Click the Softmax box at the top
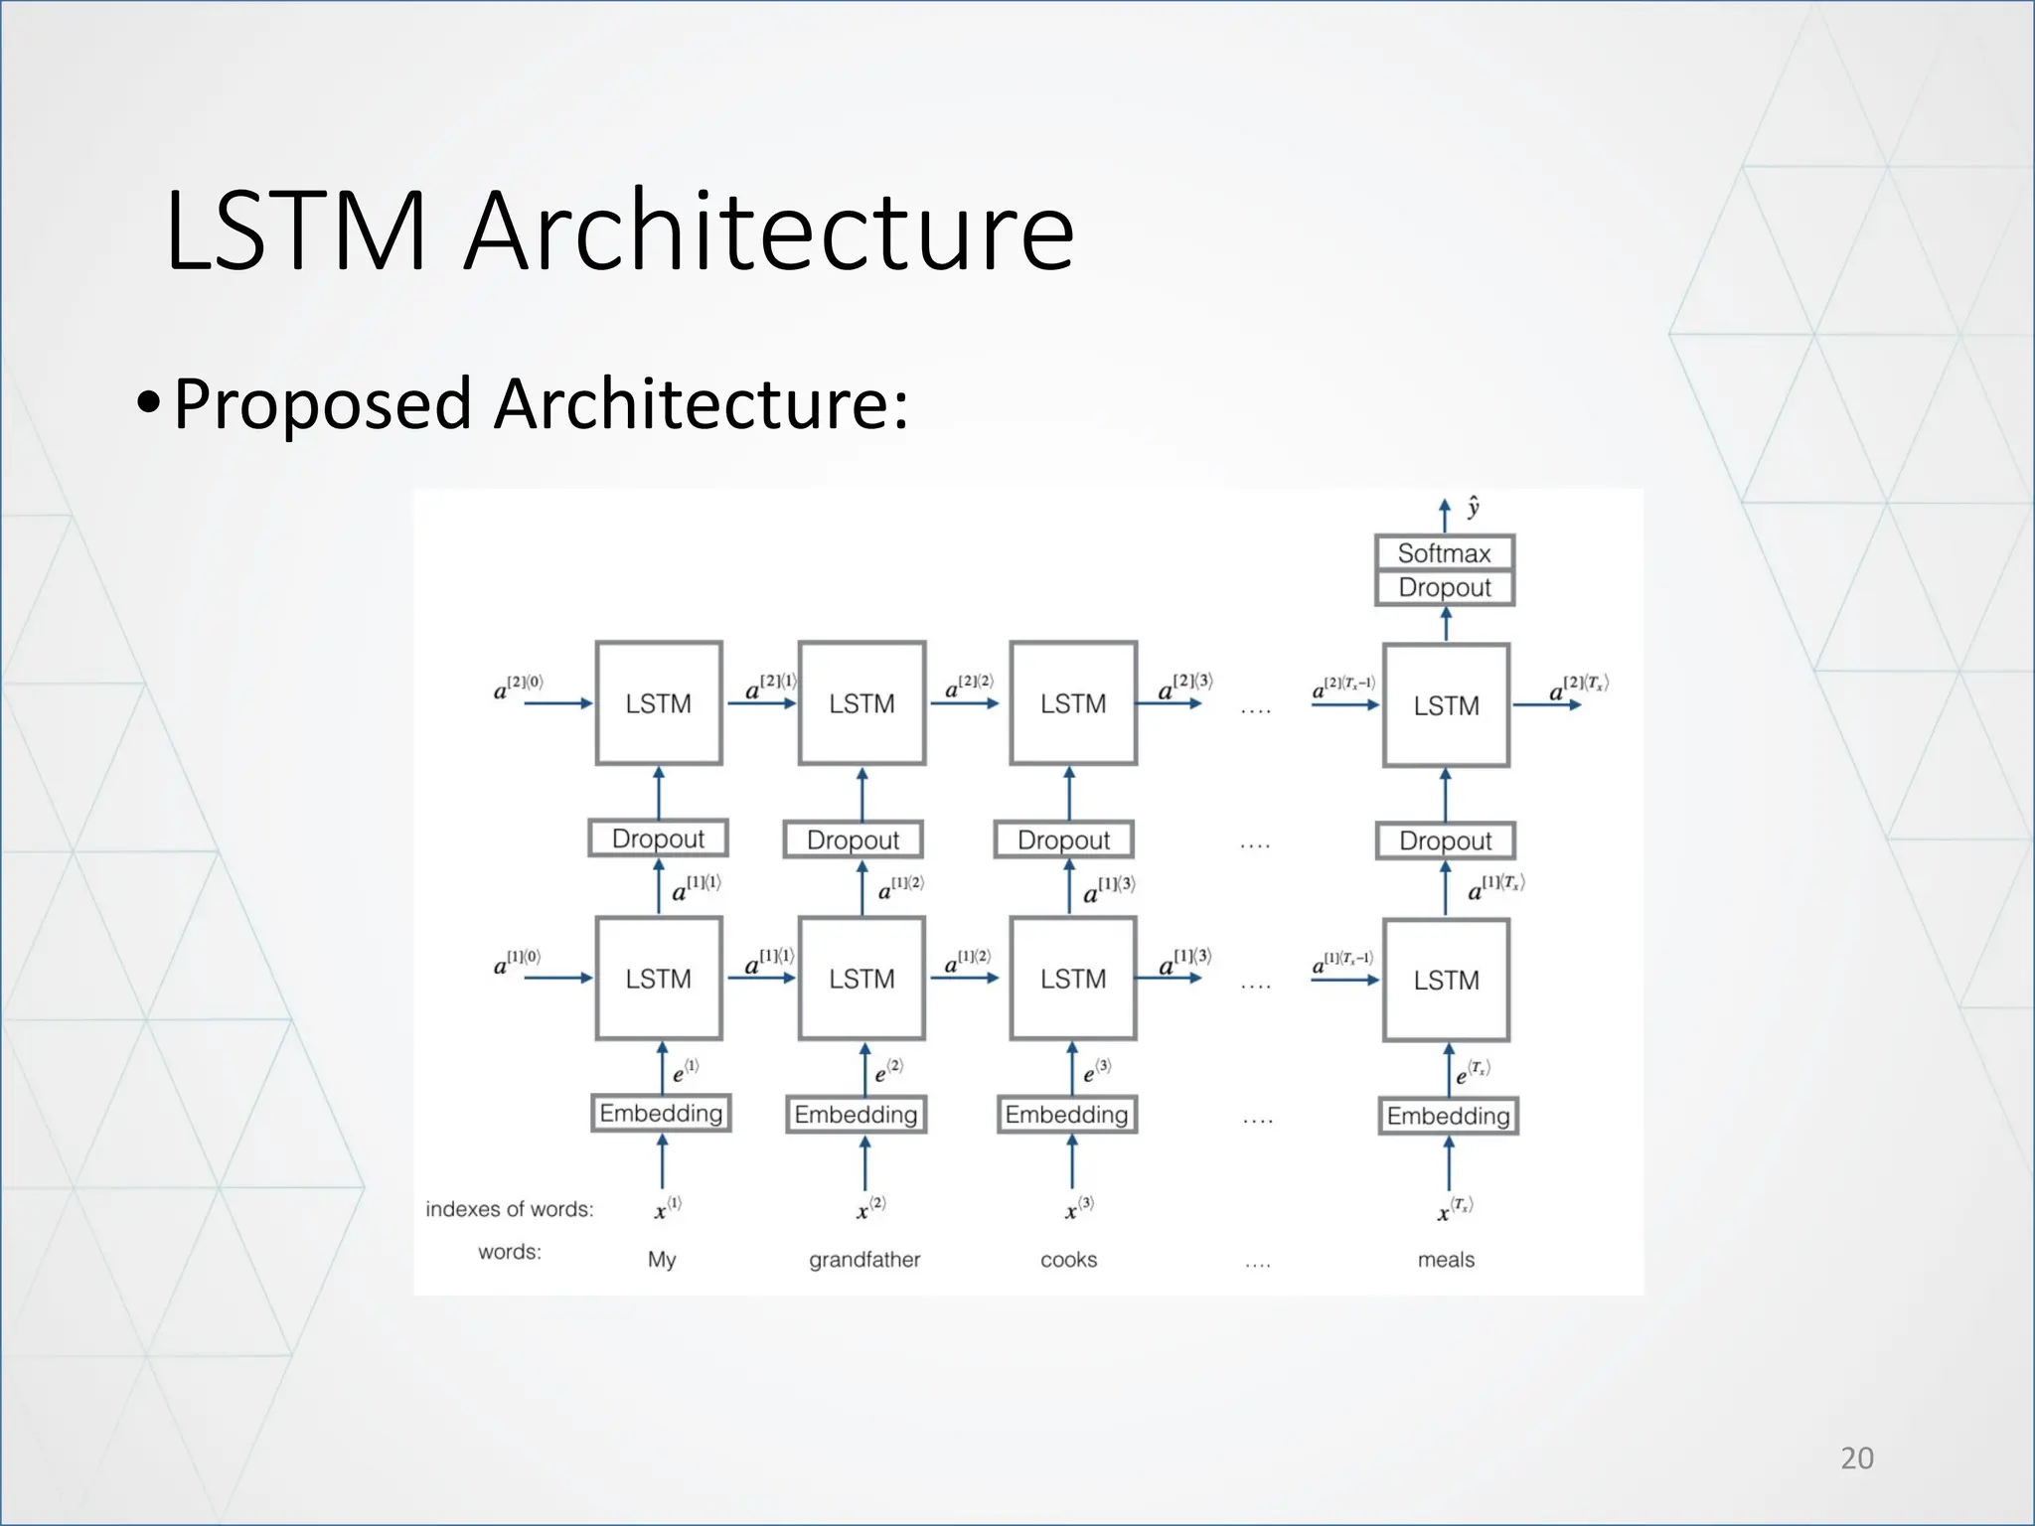pos(1444,552)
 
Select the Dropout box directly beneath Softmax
pos(1444,587)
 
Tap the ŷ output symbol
pos(1473,508)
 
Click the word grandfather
pos(863,1260)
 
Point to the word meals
pos(1446,1260)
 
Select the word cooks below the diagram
pos(1068,1260)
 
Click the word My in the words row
pos(662,1260)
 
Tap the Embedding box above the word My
pos(661,1113)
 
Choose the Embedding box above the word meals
pos(1448,1116)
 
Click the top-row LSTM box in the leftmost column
pos(658,703)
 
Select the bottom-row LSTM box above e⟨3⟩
pos(1073,979)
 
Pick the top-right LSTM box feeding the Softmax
pos(1446,705)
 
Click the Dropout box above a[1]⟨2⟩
pos(853,839)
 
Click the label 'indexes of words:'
pos(509,1209)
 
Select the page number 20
pos(1856,1457)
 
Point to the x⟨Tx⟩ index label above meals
pos(1455,1209)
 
